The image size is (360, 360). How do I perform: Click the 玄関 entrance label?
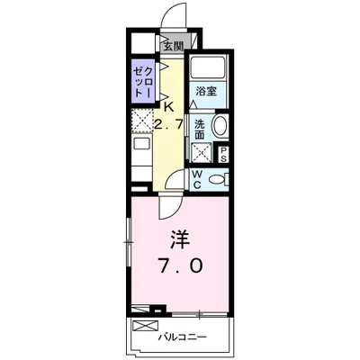tap(173, 47)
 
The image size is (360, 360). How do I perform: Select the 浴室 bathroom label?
tap(206, 91)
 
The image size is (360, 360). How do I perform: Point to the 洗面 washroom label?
tap(199, 130)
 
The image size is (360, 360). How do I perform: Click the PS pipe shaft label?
tap(223, 155)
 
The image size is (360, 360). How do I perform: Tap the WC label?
tap(197, 179)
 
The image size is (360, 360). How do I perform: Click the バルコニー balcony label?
tap(183, 337)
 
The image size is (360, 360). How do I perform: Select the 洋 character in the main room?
tap(180, 239)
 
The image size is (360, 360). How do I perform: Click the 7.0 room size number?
tap(181, 266)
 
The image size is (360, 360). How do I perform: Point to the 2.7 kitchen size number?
tap(168, 123)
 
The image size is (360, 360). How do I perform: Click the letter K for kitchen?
tap(168, 107)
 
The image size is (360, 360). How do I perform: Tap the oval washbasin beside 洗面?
tap(220, 127)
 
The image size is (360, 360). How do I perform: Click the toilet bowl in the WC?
tap(217, 180)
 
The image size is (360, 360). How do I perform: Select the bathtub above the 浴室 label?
tap(208, 67)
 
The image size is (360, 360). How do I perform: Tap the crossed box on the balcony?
tap(145, 326)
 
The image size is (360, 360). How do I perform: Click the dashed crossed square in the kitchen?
tap(142, 121)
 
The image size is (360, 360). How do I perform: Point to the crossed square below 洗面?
tap(201, 153)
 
